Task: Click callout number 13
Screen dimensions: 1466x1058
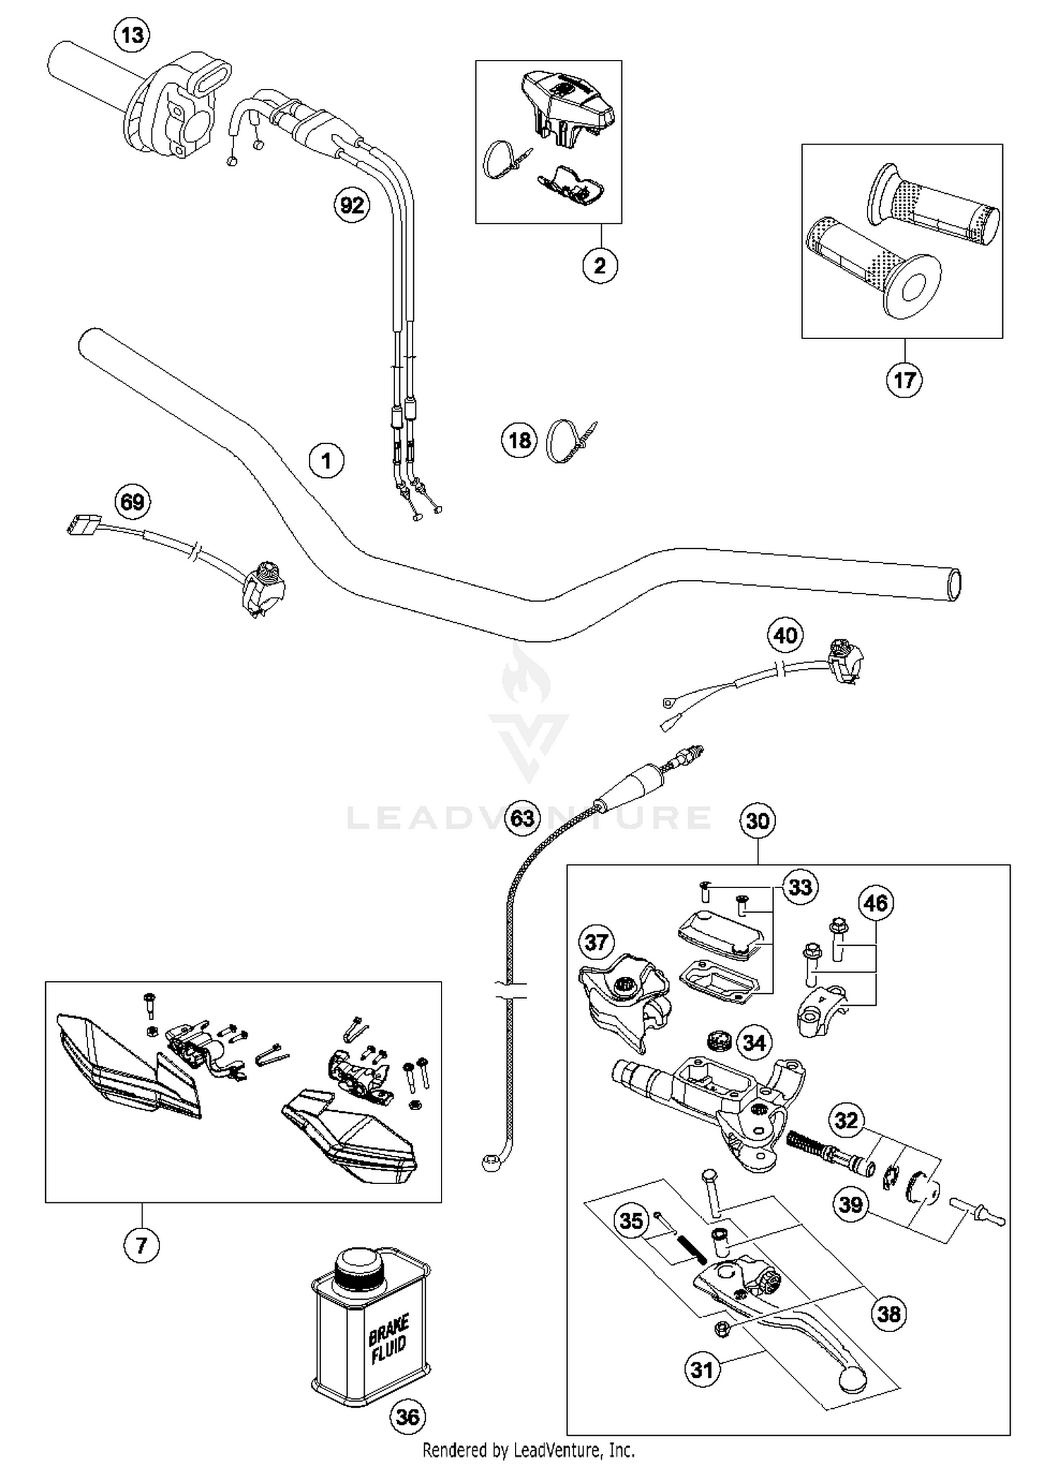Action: (132, 35)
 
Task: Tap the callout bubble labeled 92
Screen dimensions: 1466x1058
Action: (352, 205)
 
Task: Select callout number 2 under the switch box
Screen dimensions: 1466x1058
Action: (600, 266)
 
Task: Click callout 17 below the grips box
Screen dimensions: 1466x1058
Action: (904, 381)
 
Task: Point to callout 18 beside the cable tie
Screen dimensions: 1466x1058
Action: (519, 441)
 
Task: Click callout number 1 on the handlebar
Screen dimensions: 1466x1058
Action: (326, 461)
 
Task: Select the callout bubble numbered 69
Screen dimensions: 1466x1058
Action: (133, 502)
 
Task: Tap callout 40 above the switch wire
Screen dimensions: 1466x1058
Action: (785, 636)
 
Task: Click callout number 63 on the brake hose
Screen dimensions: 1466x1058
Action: (523, 818)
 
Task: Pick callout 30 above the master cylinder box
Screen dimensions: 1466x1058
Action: (757, 820)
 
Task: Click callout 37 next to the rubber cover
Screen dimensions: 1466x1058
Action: (597, 942)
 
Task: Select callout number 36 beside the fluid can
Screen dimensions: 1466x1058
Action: (408, 1417)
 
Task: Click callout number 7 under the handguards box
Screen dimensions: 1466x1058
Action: (141, 1245)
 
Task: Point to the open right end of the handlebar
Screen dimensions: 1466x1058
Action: (954, 585)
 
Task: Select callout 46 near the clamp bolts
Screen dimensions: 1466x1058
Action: (875, 903)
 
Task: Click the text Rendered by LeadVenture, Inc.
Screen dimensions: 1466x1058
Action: (528, 1450)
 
